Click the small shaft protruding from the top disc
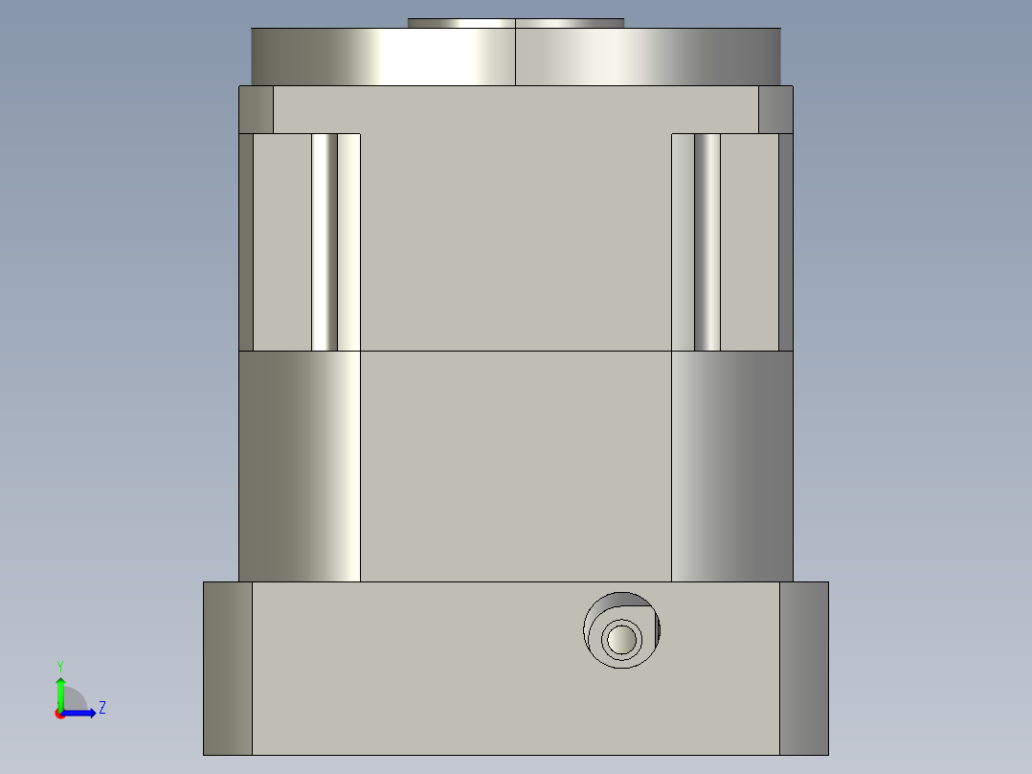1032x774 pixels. click(x=515, y=23)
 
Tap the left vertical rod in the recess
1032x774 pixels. click(x=325, y=241)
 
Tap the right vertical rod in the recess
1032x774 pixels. click(x=707, y=241)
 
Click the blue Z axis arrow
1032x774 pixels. click(x=81, y=713)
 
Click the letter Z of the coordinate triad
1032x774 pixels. click(x=101, y=708)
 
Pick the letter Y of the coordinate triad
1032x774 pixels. click(x=59, y=665)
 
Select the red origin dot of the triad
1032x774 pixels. click(x=59, y=714)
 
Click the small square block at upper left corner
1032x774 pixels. click(x=256, y=109)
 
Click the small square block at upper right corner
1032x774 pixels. click(x=775, y=109)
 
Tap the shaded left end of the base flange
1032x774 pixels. click(x=227, y=668)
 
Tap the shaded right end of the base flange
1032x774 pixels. click(x=804, y=668)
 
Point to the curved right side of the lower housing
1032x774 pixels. click(x=732, y=466)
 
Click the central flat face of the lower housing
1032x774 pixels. click(x=515, y=466)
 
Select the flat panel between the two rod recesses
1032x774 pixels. click(x=515, y=239)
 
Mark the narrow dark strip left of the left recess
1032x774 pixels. click(x=246, y=241)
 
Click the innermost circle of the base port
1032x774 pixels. click(x=621, y=637)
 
